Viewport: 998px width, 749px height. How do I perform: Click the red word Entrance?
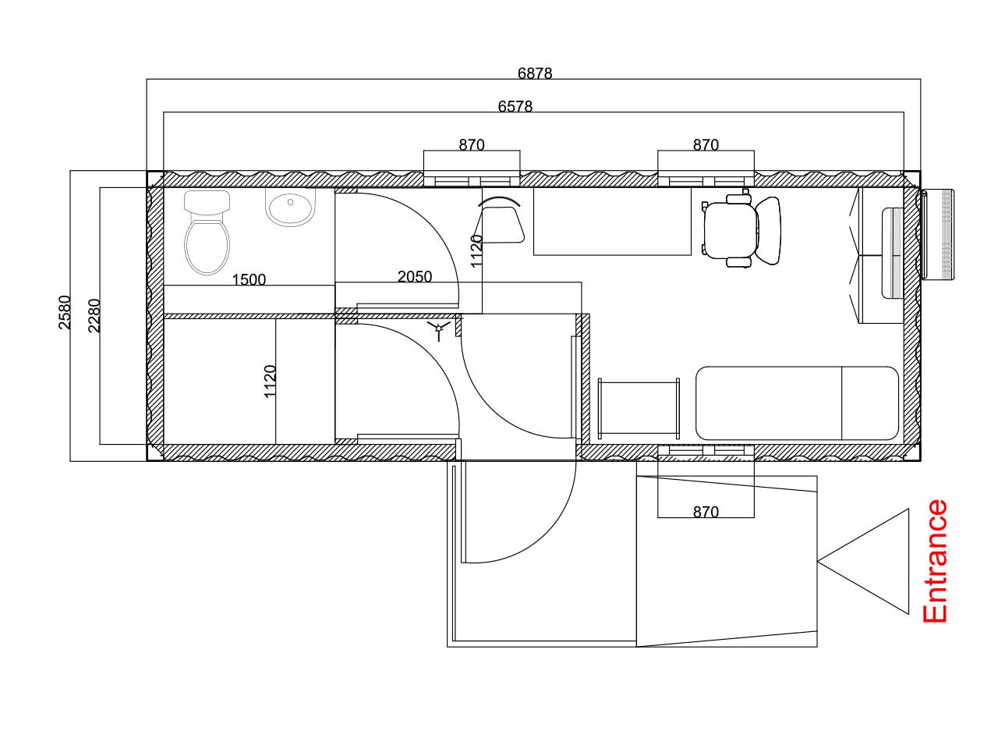coord(934,561)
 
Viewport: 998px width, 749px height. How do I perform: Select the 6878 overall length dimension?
coord(535,73)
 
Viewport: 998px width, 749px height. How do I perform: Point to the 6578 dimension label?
coord(515,106)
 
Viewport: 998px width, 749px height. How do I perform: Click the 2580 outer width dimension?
coord(65,312)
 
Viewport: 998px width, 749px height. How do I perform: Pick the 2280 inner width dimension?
coord(94,315)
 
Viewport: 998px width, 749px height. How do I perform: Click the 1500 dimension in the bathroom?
coord(249,279)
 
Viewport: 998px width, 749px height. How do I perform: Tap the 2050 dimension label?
coord(414,276)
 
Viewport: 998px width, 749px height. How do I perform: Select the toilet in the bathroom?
coord(207,233)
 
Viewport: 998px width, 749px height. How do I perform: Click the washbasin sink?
coord(290,208)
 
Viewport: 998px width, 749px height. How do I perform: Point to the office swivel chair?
coord(741,230)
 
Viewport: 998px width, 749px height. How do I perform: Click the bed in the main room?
coord(797,403)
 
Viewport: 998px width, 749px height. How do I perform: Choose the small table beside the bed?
coord(639,408)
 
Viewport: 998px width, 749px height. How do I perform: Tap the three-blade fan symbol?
coord(439,328)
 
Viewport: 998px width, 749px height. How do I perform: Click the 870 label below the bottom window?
coord(705,512)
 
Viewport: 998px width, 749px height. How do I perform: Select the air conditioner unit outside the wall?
coord(937,234)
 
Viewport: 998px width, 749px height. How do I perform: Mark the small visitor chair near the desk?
coord(499,220)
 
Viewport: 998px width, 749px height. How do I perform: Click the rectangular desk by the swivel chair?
coord(612,221)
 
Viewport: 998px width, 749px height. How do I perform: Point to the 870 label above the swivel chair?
coord(705,144)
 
